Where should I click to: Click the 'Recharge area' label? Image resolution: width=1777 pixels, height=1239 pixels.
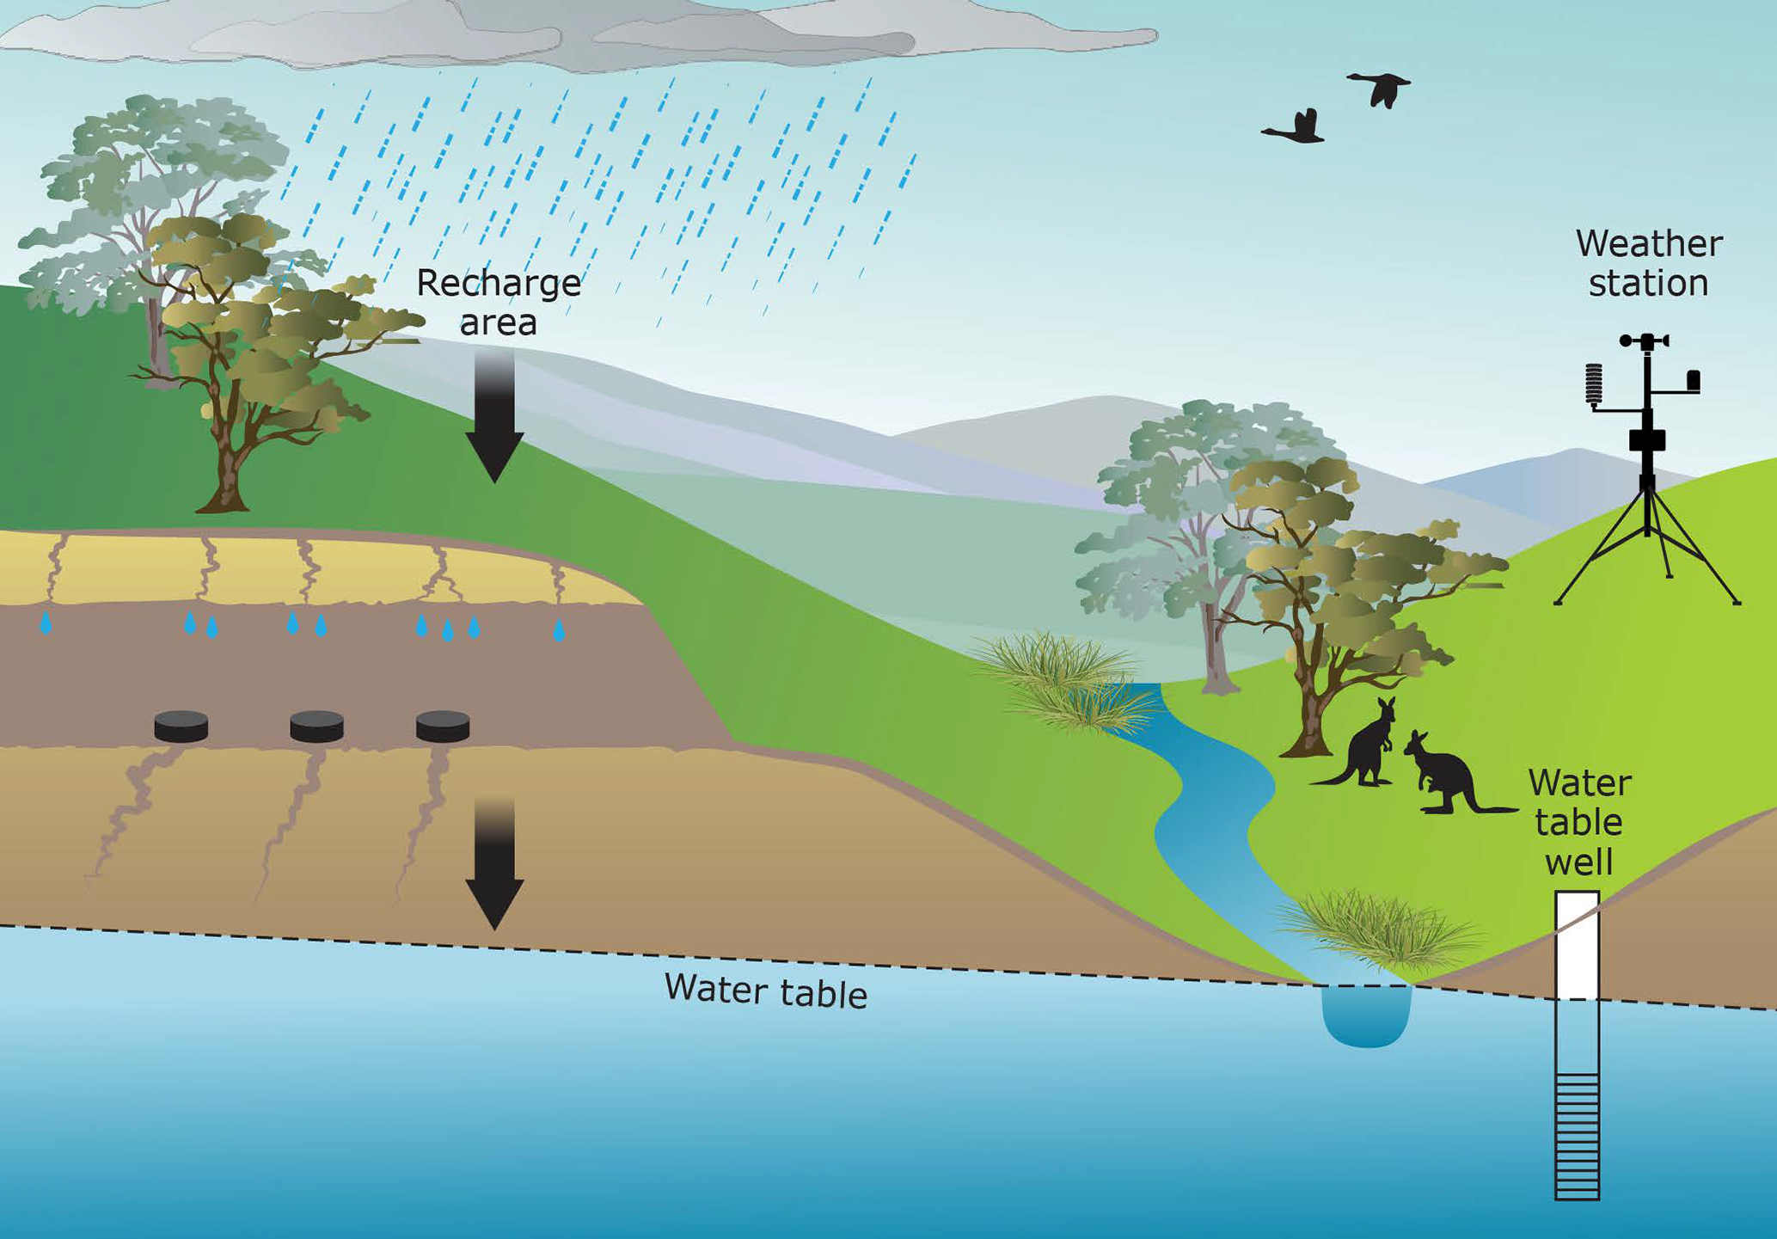click(x=498, y=303)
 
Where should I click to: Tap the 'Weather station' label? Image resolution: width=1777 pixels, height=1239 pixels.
click(x=1648, y=264)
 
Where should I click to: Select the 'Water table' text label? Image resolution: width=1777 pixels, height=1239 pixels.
click(x=765, y=991)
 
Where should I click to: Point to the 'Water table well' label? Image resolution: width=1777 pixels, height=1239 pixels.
click(x=1578, y=822)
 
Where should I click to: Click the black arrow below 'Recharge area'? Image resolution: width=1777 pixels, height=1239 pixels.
click(x=494, y=417)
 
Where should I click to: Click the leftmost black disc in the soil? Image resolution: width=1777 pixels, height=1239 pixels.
click(x=181, y=727)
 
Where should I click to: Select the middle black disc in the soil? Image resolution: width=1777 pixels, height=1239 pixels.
click(x=316, y=727)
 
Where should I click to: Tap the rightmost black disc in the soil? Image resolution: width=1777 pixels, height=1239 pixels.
click(x=443, y=727)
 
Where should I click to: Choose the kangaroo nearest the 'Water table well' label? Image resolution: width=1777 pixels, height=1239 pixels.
click(x=1449, y=774)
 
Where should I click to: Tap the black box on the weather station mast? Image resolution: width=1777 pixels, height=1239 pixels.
click(x=1647, y=439)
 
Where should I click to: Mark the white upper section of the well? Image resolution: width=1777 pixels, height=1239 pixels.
click(x=1577, y=946)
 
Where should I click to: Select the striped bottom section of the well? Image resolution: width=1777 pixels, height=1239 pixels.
click(x=1577, y=1135)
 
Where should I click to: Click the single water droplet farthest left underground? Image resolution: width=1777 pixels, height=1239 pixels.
click(x=46, y=623)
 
